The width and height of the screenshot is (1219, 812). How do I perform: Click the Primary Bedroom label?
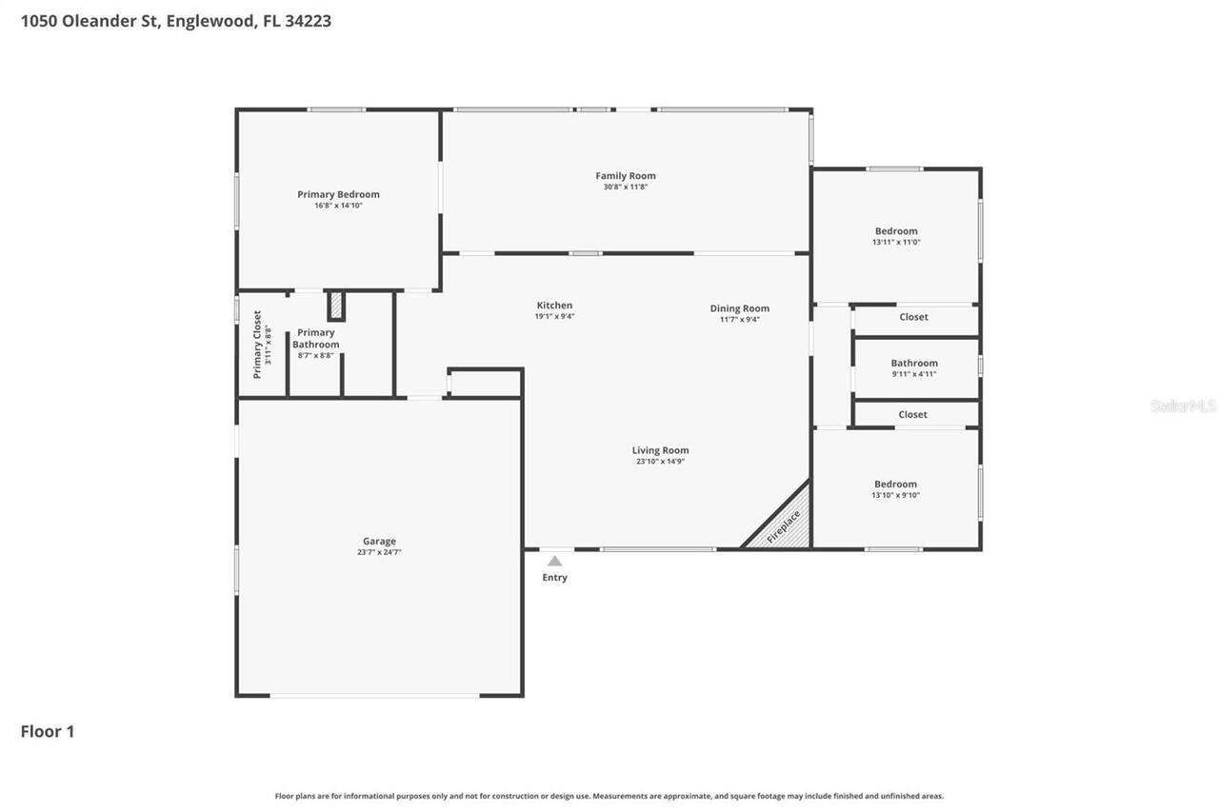pos(338,194)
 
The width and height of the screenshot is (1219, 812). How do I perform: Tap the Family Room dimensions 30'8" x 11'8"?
pos(625,188)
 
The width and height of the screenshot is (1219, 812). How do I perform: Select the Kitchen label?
pos(554,306)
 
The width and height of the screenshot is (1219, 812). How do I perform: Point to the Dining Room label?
pos(739,308)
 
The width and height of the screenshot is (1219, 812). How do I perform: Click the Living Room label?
pos(660,450)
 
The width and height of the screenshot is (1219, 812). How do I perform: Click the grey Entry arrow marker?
pos(554,562)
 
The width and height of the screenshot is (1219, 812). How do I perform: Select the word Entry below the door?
pos(554,578)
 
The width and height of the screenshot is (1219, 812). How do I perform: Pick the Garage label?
pos(379,541)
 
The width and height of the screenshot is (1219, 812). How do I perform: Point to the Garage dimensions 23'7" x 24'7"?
pos(379,552)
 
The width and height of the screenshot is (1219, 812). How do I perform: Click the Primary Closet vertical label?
pos(257,345)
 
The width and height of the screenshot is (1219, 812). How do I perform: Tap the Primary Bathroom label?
pos(315,338)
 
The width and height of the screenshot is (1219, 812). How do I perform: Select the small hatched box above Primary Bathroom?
pos(336,306)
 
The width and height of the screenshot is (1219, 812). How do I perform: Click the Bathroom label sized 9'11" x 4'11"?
pos(914,363)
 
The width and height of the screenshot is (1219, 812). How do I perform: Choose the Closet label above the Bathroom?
pos(913,317)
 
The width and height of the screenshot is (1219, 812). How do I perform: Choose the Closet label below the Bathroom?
pos(912,415)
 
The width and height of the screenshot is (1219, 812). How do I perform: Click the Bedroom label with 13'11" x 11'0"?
pos(896,231)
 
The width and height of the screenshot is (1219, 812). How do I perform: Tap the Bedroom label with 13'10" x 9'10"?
pos(895,484)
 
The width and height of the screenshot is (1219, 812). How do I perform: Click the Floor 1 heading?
pos(48,731)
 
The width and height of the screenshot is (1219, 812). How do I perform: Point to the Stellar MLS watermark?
pos(1183,406)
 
